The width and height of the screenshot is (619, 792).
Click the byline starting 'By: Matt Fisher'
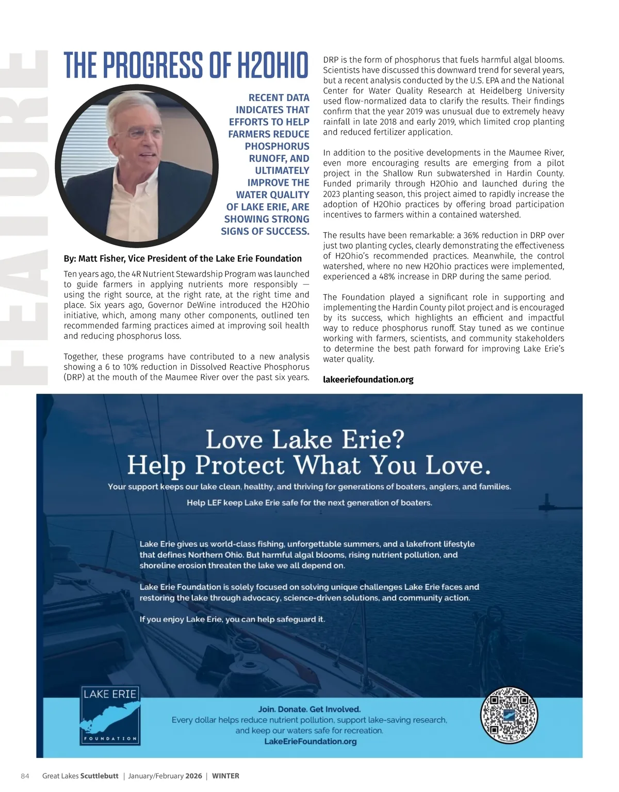(183, 258)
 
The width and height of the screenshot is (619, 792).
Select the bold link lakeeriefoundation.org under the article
(368, 380)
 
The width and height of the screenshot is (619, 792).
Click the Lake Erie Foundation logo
(110, 715)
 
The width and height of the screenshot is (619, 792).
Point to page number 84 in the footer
(25, 776)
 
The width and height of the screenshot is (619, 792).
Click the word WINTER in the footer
(225, 776)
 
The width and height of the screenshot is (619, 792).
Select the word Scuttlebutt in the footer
(100, 776)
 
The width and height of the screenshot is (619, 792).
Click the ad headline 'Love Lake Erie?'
(305, 440)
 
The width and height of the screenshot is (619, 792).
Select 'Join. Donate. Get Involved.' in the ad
(309, 709)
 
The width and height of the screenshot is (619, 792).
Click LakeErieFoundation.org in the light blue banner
(310, 741)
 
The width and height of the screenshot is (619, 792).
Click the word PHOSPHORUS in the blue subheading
(277, 147)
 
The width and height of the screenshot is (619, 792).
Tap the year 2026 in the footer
(194, 776)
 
